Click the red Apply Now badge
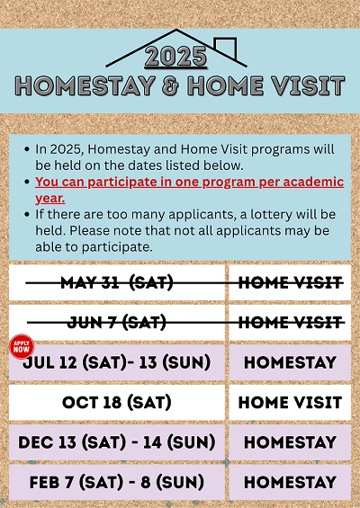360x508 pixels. (22, 347)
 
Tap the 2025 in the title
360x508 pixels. (175, 58)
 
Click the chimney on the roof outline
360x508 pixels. (225, 48)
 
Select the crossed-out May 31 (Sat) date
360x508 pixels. (117, 283)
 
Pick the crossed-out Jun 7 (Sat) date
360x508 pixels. (117, 323)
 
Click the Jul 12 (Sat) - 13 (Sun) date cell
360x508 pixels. (117, 362)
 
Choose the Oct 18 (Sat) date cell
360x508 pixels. (117, 403)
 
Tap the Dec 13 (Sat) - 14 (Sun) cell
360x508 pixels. (117, 442)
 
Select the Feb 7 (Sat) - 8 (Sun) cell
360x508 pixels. (117, 483)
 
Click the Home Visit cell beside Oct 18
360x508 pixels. (290, 403)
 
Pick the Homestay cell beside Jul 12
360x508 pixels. (290, 362)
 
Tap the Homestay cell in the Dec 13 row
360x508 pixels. (290, 442)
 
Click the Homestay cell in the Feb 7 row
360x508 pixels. (290, 483)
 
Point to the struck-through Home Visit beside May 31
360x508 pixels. (290, 283)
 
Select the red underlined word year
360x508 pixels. (49, 199)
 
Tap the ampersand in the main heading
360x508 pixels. (171, 86)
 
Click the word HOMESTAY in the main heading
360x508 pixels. (85, 86)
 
